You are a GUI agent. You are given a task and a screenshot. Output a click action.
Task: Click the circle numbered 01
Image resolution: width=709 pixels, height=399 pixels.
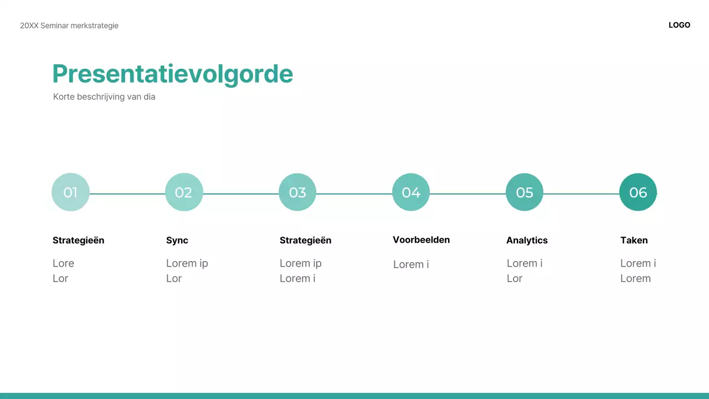70,192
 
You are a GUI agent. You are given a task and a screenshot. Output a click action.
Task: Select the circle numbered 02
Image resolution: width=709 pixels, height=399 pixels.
184,192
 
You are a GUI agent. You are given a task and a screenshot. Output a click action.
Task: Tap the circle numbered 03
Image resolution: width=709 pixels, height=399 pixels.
297,192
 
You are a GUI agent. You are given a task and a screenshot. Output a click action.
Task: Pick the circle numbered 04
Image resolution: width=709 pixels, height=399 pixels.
411,192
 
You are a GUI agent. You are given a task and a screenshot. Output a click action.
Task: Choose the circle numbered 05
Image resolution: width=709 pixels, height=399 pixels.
525,192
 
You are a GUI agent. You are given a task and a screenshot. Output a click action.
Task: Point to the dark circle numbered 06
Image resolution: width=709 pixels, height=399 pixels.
638,192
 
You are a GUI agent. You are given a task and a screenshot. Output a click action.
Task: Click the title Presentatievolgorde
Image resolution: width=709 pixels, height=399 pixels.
172,74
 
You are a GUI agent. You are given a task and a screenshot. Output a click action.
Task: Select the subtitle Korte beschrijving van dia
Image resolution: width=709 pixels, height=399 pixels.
104,97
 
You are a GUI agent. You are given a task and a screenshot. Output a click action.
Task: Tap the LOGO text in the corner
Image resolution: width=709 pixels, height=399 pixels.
679,25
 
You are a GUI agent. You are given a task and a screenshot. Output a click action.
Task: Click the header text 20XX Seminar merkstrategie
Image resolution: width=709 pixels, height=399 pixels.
69,25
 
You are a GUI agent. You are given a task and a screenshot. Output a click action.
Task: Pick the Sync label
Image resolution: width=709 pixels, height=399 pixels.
177,241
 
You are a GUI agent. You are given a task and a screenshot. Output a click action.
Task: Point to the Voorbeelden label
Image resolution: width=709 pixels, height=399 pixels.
421,240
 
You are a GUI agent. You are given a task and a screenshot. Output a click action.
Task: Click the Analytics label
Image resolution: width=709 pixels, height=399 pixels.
527,241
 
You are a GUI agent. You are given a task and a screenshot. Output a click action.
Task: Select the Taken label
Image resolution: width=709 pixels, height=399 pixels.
634,241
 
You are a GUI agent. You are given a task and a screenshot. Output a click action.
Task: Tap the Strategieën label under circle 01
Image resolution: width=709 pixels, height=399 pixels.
78,241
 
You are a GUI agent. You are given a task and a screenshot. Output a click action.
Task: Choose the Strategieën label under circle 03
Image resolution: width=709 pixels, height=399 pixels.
305,241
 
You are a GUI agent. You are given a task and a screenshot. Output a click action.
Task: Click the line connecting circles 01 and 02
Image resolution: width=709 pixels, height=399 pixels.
127,194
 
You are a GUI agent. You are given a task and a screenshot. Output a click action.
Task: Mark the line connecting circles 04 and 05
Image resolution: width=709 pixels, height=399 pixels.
468,194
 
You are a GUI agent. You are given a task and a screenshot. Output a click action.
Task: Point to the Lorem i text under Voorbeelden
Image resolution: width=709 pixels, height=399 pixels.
411,264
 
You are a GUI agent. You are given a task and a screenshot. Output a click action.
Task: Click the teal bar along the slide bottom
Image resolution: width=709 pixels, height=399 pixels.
354,396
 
